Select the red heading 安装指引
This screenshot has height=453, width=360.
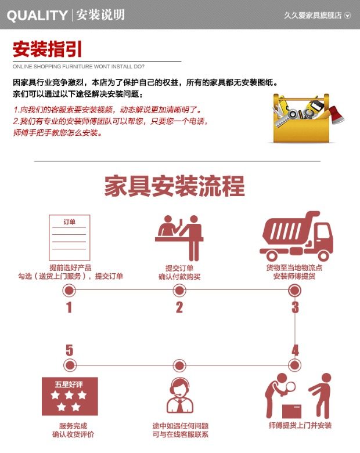click(x=47, y=49)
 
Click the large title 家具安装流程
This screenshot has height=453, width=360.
click(x=175, y=186)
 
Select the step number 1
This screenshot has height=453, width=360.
click(x=69, y=307)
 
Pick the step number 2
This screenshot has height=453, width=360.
click(x=179, y=307)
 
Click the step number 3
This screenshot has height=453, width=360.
click(x=295, y=307)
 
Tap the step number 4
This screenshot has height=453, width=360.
click(x=295, y=350)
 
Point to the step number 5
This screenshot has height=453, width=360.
click(x=70, y=350)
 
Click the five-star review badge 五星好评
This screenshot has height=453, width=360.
click(x=70, y=395)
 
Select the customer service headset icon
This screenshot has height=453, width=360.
click(x=180, y=395)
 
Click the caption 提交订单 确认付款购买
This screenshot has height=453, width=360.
click(x=179, y=272)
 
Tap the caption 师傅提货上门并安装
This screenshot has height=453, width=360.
click(x=300, y=426)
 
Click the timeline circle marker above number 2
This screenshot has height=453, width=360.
click(x=179, y=290)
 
